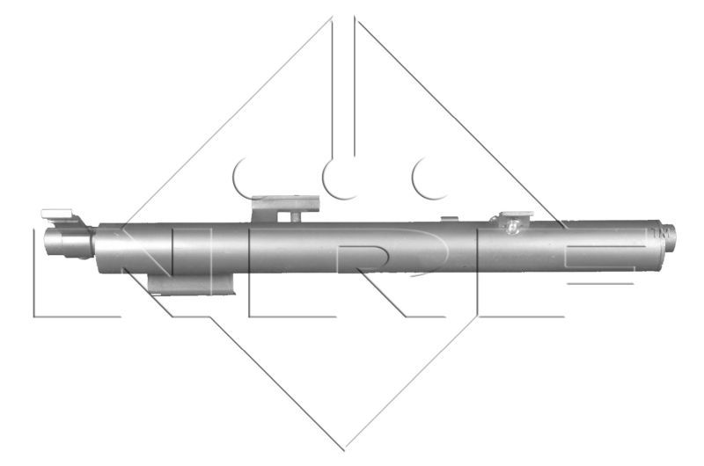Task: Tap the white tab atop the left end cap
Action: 56,213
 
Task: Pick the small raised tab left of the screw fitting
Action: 447,218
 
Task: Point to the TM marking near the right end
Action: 653,232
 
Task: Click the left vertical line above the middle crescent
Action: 333,88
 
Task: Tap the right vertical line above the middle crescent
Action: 354,88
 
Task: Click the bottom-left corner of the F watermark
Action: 480,315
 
